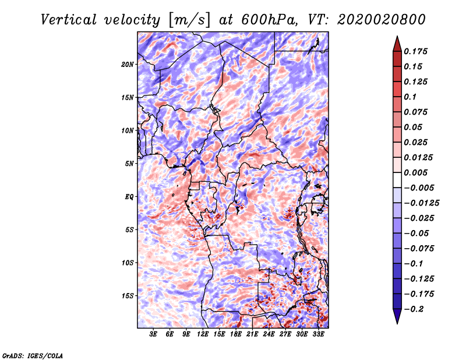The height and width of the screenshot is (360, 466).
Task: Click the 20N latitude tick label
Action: [128, 65]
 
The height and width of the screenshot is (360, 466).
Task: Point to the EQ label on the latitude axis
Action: [129, 197]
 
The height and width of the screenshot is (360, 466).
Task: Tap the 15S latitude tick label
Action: [128, 296]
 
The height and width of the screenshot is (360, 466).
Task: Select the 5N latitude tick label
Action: [129, 164]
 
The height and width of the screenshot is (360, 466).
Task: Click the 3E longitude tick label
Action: [153, 334]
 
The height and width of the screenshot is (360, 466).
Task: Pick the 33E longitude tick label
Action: [318, 334]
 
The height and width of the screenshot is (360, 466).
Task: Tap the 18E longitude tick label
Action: [236, 334]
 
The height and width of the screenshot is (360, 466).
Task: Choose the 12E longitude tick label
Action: [203, 334]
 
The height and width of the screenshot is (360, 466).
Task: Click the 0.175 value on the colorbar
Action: [415, 51]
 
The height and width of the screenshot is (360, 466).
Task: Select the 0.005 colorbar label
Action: [415, 172]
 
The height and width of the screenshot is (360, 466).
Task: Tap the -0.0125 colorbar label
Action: [421, 203]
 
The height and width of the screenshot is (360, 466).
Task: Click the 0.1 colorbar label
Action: [410, 97]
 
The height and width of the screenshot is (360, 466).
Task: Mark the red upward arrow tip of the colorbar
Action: [397, 36]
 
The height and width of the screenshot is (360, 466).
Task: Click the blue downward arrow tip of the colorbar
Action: [397, 323]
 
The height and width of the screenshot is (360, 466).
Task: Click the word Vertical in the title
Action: [69, 20]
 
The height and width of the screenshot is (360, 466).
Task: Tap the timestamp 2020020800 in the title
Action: [382, 20]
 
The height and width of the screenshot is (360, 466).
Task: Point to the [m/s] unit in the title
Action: [189, 20]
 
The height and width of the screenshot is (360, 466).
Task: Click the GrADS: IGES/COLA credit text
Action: [33, 355]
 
